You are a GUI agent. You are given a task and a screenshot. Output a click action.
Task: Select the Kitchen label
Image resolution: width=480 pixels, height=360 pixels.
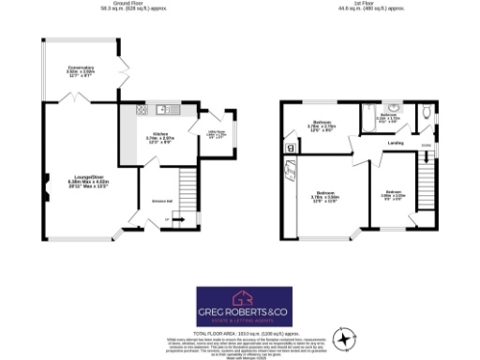149,138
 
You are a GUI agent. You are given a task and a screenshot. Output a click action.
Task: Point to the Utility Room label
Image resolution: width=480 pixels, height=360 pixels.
216,133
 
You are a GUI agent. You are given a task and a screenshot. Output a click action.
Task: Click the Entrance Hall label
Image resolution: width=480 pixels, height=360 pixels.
152,200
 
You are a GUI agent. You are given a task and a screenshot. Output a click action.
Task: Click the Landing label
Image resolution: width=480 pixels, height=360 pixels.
396,143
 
